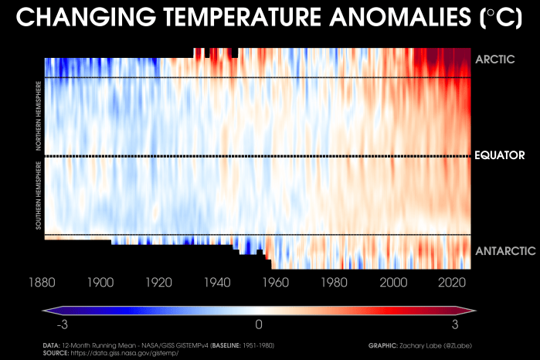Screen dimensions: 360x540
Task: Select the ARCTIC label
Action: coord(494,59)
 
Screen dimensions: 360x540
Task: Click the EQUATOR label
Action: coord(499,156)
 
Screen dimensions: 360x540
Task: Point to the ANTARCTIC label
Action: coord(504,250)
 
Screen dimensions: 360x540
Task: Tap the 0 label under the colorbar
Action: coord(260,324)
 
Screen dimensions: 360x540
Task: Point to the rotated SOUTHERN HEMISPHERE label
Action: coord(38,195)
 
